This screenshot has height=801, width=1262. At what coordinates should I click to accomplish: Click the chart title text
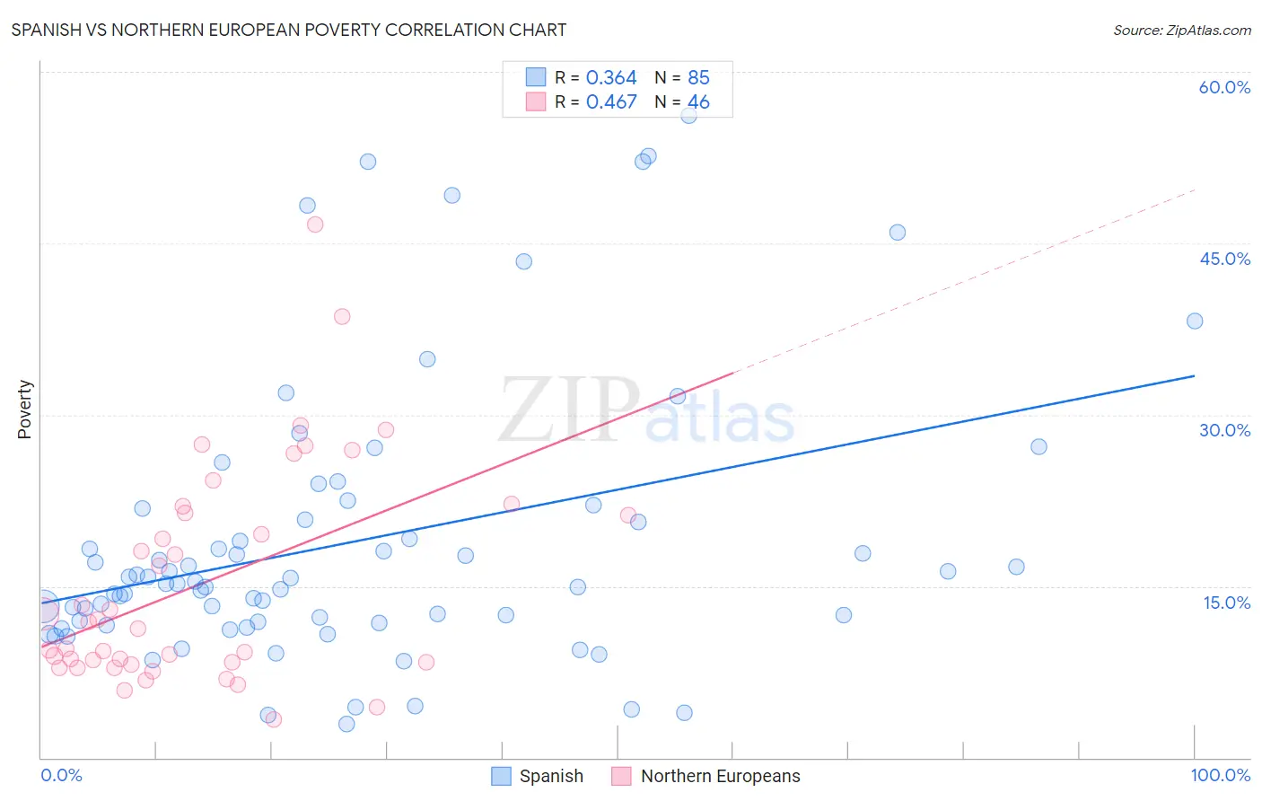288,30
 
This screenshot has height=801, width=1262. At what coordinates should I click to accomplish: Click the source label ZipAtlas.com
1181,31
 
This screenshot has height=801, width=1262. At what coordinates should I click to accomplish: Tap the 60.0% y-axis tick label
1224,87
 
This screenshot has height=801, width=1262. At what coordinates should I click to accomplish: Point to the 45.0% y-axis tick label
1224,259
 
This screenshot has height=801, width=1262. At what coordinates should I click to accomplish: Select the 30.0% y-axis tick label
1224,430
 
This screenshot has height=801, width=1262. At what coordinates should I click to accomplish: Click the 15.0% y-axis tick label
1226,603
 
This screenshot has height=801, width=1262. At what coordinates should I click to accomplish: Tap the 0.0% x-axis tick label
61,775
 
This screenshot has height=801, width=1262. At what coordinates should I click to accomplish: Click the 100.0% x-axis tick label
1220,775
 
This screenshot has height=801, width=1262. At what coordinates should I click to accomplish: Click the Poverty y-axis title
24,409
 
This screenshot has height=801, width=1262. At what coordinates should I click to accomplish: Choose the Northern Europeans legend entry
706,776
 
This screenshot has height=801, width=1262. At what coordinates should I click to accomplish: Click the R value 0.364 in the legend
611,78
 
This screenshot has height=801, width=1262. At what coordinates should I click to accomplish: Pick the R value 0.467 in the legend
611,102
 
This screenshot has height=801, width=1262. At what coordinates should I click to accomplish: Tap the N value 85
698,78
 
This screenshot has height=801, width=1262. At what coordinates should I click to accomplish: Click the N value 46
698,102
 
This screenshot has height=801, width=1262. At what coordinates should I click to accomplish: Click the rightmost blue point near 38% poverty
1194,321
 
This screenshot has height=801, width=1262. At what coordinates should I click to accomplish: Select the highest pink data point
315,224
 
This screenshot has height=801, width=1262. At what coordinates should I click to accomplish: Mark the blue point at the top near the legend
688,115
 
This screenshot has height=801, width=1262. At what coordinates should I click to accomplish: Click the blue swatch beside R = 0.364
536,77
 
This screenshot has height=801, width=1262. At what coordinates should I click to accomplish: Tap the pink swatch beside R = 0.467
536,101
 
